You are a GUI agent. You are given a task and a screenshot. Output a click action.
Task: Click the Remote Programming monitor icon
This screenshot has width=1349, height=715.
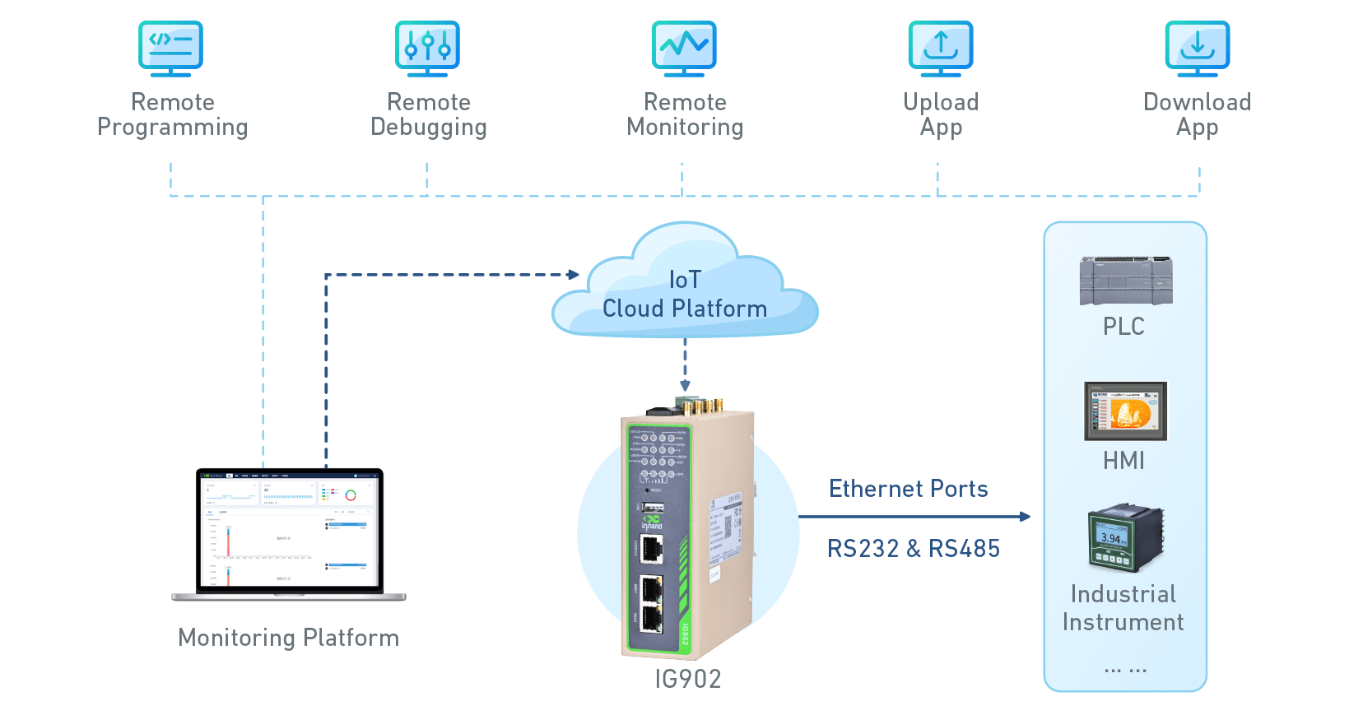click(x=170, y=48)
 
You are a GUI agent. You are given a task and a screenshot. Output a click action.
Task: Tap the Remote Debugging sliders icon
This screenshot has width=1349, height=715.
click(x=427, y=48)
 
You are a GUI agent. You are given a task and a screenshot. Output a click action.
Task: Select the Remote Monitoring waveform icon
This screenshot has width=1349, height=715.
click(x=684, y=48)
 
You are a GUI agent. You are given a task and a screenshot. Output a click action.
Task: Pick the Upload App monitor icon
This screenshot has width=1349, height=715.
click(x=941, y=48)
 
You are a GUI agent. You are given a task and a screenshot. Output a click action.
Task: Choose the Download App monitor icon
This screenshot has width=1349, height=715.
click(x=1198, y=48)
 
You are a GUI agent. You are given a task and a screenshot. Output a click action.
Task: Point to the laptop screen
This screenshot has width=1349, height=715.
click(x=289, y=531)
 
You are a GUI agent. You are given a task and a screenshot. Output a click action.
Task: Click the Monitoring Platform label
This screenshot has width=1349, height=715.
click(x=289, y=638)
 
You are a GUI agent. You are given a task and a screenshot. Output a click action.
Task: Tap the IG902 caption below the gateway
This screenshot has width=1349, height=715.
click(x=688, y=679)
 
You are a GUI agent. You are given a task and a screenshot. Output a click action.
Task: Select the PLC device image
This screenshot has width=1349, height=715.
click(x=1125, y=281)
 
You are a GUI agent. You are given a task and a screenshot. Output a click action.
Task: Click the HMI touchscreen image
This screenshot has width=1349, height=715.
click(x=1125, y=411)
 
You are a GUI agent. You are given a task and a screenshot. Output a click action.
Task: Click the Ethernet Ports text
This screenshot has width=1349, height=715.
click(x=908, y=489)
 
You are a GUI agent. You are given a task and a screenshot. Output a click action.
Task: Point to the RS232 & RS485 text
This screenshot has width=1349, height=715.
click(x=913, y=549)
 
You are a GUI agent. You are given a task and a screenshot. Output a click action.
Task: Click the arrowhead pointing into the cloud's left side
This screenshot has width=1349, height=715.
click(x=573, y=274)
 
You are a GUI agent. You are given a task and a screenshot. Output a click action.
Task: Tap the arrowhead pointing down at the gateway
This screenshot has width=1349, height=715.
click(x=685, y=385)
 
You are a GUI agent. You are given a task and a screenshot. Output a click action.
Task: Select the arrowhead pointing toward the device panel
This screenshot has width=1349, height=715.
click(x=1025, y=517)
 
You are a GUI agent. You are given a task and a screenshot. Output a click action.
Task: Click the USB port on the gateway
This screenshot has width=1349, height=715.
click(x=653, y=506)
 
